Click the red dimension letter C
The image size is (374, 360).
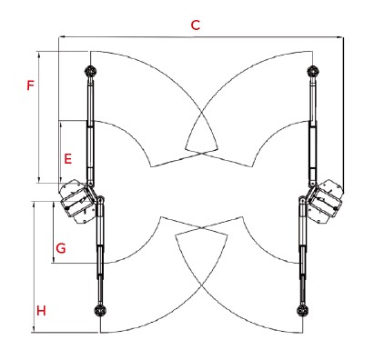point(196,25)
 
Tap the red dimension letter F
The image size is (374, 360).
point(30,85)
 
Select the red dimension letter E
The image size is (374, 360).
point(68,159)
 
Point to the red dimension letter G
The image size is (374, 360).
point(61,248)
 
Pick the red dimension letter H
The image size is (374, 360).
point(41,311)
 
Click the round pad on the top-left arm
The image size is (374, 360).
point(90,72)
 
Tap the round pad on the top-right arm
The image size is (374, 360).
point(313,72)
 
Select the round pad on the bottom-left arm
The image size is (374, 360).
point(100,311)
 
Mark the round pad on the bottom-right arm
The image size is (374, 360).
point(302,311)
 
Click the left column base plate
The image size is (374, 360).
point(77,202)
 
